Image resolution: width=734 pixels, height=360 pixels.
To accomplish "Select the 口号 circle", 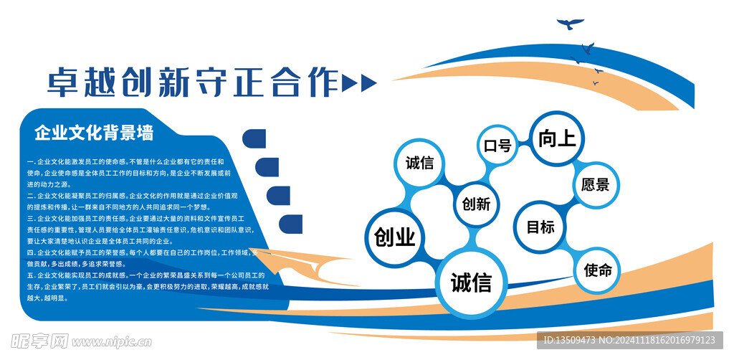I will point(497,146).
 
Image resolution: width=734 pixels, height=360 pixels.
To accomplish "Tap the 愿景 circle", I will point(596,184).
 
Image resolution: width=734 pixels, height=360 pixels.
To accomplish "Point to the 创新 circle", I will point(476,204).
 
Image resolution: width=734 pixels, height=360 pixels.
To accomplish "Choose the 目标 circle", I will point(540,227).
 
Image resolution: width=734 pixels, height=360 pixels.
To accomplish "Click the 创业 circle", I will point(395,237).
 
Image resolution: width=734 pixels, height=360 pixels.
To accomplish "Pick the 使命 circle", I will point(598,270).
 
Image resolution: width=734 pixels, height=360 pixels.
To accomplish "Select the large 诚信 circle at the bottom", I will point(471,282).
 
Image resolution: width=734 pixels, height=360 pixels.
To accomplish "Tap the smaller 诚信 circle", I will point(419,163).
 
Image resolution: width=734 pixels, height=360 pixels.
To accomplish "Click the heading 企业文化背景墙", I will point(94,133).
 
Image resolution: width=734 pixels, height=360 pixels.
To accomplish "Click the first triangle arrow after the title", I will point(350,83).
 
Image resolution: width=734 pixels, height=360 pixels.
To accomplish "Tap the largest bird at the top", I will point(571,24).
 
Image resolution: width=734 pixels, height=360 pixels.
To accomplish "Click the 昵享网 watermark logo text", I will point(37,340).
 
